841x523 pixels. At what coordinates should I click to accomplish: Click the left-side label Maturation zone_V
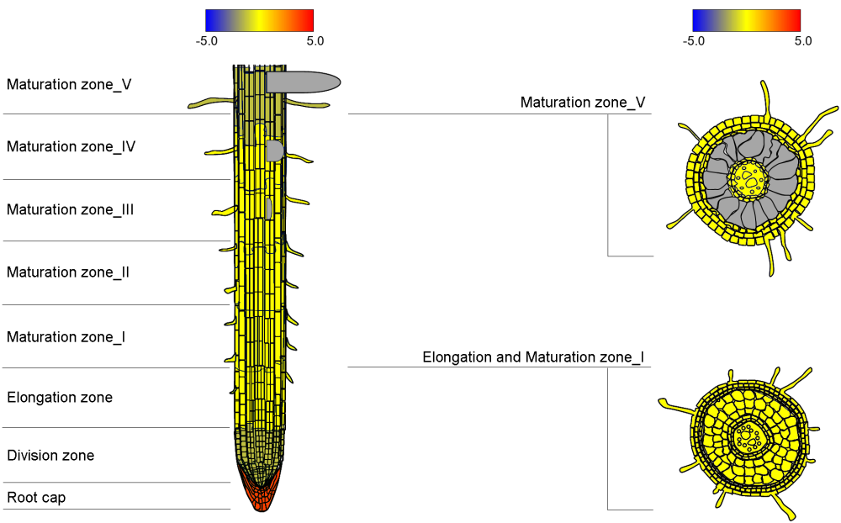click(69, 84)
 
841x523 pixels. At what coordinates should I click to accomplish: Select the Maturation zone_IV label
click(71, 146)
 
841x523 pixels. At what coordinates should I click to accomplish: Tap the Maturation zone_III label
click(71, 209)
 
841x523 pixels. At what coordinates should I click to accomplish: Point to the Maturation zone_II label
click(68, 272)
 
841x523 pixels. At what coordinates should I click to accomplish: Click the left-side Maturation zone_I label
click(66, 337)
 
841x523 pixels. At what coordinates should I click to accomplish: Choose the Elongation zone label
click(60, 397)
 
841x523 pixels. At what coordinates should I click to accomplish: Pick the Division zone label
click(50, 456)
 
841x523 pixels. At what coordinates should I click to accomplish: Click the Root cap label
click(36, 498)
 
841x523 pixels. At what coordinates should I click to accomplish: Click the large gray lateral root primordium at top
click(303, 82)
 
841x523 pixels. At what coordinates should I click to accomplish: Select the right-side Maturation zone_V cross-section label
click(583, 103)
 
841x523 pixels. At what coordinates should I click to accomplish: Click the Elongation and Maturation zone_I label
click(533, 357)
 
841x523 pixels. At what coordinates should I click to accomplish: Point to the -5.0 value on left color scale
click(207, 40)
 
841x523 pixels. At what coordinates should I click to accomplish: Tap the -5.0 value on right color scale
click(694, 40)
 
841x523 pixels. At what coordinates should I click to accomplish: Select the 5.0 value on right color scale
click(802, 40)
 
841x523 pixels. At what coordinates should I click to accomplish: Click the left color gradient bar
click(259, 20)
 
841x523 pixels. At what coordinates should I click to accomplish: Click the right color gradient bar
click(746, 20)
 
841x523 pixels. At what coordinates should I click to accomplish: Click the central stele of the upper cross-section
click(748, 178)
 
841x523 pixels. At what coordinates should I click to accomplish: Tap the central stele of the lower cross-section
click(746, 436)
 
